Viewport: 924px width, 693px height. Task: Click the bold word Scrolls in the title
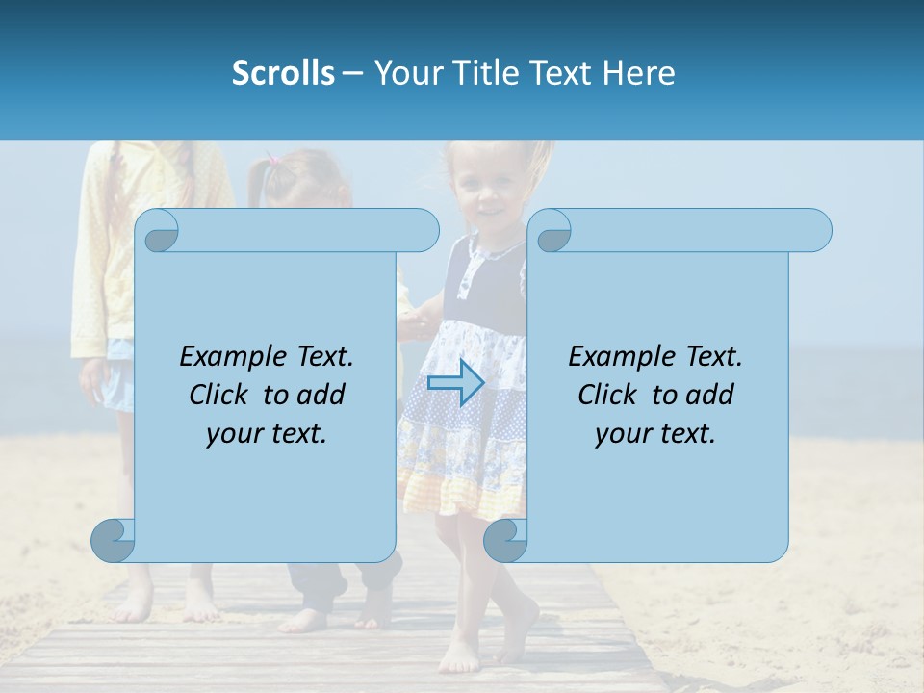[284, 73]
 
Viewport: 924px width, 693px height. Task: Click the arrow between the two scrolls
[455, 382]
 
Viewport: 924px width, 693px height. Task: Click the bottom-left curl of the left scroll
[114, 540]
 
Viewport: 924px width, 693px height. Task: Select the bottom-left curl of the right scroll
[505, 540]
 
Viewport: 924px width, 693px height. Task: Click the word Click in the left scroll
[211, 395]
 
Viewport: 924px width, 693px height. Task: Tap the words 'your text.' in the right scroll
[655, 434]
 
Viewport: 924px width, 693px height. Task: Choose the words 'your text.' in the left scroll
[267, 434]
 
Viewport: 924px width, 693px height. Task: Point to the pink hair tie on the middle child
[274, 161]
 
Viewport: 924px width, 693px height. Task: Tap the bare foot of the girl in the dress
[461, 657]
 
